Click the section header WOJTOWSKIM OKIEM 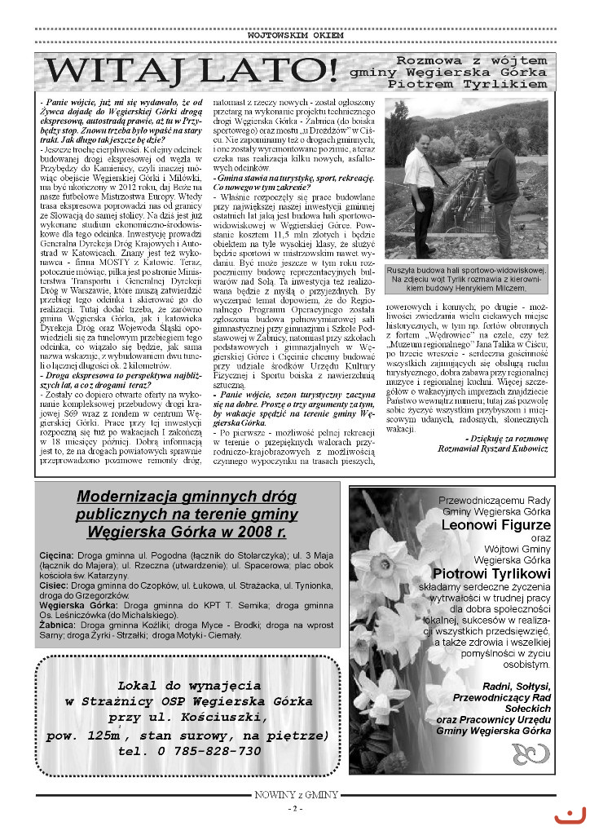pyautogui.click(x=295, y=36)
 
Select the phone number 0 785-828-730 pyautogui.click(x=210, y=751)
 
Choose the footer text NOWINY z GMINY pyautogui.click(x=295, y=794)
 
